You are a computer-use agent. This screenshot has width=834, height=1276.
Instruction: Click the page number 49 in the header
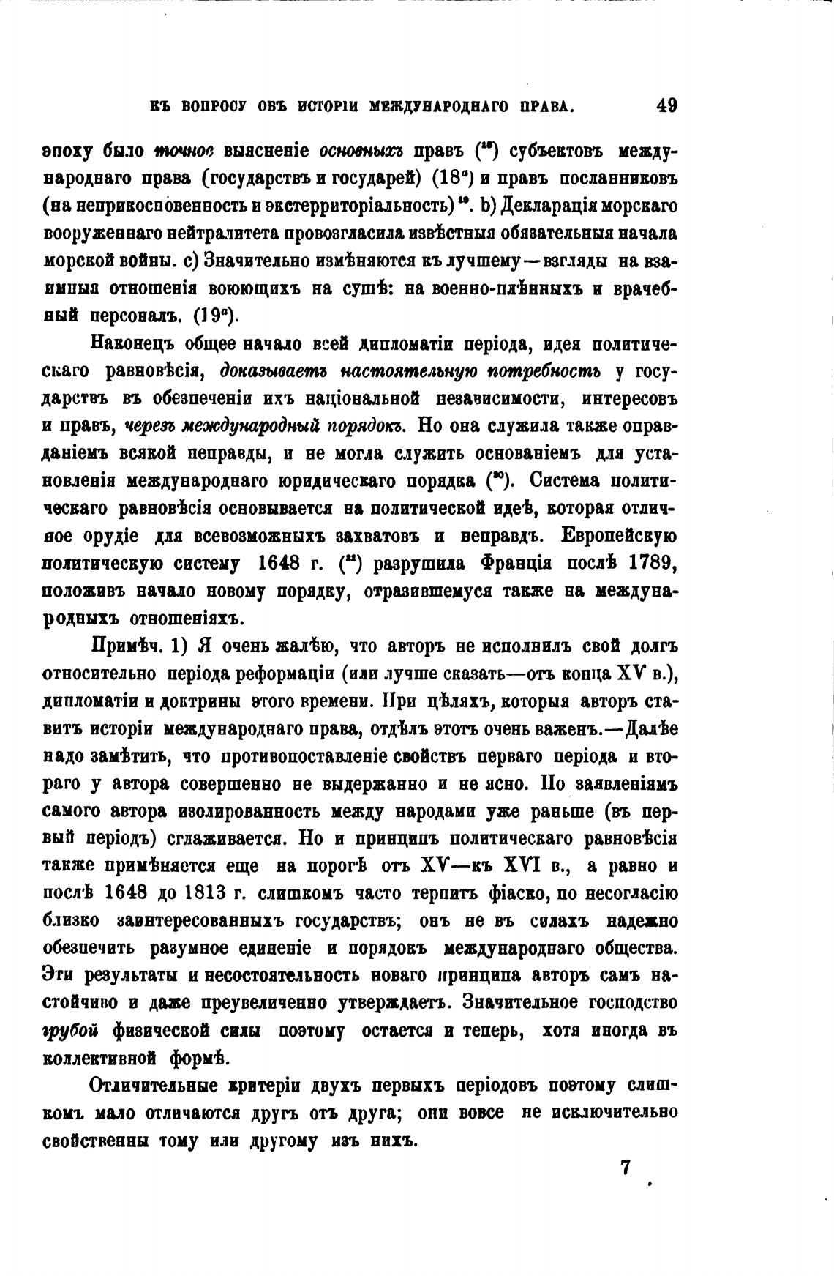click(x=666, y=105)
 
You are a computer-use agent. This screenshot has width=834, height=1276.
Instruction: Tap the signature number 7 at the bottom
click(x=625, y=1167)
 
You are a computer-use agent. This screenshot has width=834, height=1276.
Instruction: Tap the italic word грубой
click(x=71, y=1030)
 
